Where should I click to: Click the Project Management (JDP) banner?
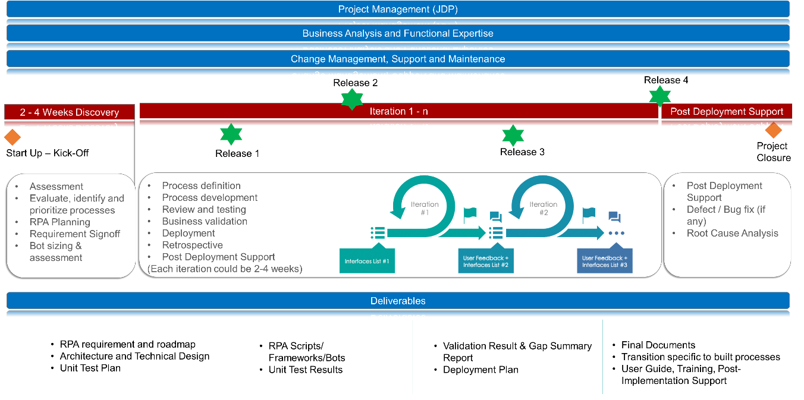tap(398, 9)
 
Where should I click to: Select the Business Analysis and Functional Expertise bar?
tap(398, 33)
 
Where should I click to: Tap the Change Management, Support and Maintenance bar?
tap(398, 59)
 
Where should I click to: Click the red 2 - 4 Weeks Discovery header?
tap(70, 112)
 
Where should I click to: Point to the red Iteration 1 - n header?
tap(399, 111)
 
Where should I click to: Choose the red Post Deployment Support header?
tap(727, 111)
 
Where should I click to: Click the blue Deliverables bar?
tap(398, 301)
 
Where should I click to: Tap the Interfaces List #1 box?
tap(367, 262)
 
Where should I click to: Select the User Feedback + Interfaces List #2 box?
tap(486, 262)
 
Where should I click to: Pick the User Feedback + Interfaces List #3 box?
tap(604, 262)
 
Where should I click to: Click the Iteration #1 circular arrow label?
tap(425, 208)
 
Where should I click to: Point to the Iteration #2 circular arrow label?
tap(543, 208)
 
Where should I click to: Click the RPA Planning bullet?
tap(60, 222)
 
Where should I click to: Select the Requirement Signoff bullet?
tap(75, 234)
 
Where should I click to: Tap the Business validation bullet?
tap(205, 222)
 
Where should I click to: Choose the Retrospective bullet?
tap(192, 245)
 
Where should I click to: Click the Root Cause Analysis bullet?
tap(732, 234)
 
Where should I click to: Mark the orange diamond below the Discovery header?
tap(12, 137)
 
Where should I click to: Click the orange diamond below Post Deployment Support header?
tap(773, 130)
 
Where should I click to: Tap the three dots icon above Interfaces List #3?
tap(615, 233)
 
